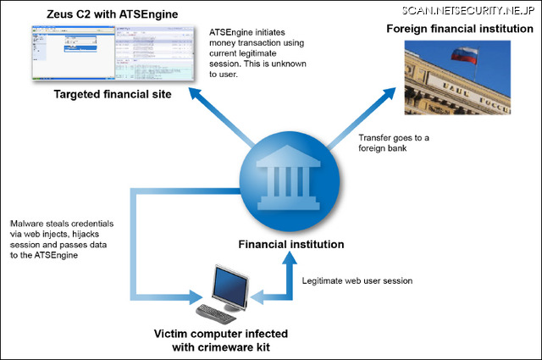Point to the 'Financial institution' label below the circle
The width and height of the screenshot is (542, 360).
pyautogui.click(x=290, y=245)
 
